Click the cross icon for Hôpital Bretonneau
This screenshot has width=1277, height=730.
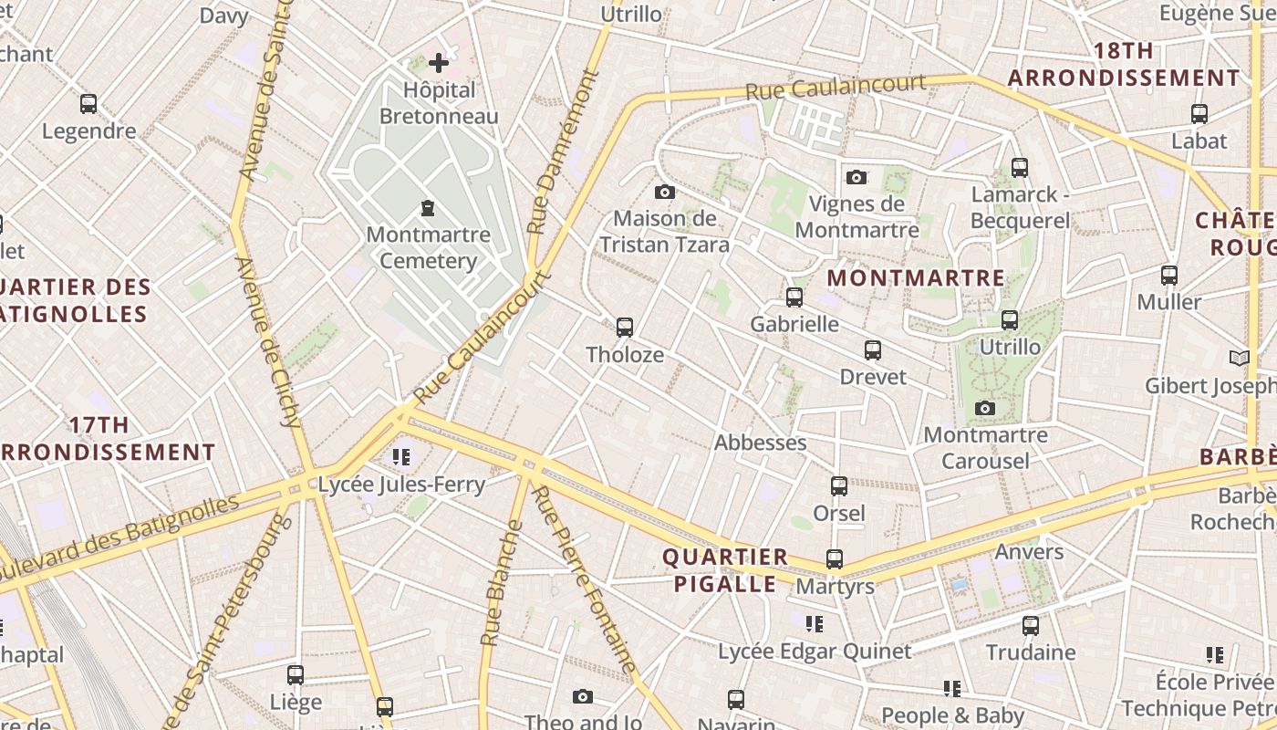(439, 63)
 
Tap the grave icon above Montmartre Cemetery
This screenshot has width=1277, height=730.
(427, 208)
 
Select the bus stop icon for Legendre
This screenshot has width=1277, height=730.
(88, 104)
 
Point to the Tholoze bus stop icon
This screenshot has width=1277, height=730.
(625, 327)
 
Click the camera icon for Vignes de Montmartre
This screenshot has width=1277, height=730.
(856, 177)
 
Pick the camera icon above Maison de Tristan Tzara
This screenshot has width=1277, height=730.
(665, 192)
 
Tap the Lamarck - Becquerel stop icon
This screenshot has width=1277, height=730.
(1020, 168)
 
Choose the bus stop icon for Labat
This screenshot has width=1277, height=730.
(1199, 114)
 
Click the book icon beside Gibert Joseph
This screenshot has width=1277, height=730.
(1238, 358)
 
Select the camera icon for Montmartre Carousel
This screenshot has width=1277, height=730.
(985, 408)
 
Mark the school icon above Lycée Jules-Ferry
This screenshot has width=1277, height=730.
(400, 456)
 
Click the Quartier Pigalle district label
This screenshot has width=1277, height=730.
(725, 570)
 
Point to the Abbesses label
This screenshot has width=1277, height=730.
(760, 443)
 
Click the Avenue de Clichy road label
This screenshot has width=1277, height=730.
(268, 342)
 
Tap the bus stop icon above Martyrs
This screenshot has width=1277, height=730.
(835, 559)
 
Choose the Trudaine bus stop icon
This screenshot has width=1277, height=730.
(1031, 626)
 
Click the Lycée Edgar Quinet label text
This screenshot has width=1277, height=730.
(815, 652)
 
